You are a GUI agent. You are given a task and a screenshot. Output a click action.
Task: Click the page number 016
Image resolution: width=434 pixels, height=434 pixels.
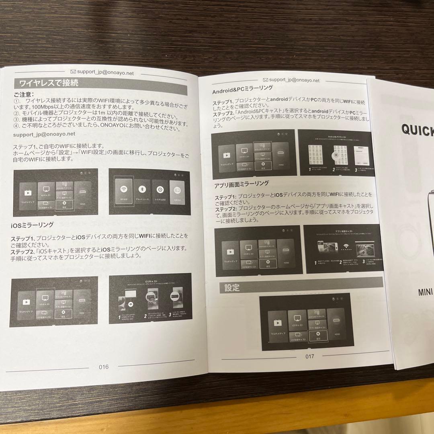pyautogui.click(x=104, y=366)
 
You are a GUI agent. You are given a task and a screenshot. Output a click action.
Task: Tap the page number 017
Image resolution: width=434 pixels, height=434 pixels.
pyautogui.click(x=310, y=356)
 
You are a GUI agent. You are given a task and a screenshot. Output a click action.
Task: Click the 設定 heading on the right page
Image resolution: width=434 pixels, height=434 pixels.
pyautogui.click(x=232, y=288)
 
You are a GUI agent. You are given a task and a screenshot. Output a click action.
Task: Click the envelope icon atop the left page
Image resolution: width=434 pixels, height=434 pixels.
pyautogui.click(x=73, y=72)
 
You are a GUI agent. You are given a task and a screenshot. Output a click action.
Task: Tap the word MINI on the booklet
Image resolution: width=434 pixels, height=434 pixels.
pyautogui.click(x=425, y=292)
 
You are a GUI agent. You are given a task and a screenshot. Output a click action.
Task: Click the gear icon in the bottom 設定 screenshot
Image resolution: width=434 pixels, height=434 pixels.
pyautogui.click(x=318, y=334)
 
